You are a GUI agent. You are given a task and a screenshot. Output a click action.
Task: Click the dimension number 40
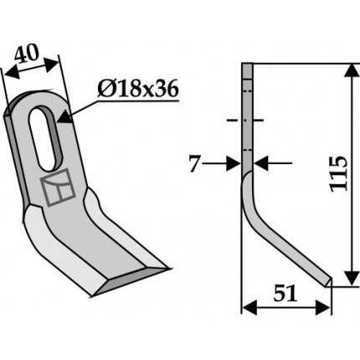26,54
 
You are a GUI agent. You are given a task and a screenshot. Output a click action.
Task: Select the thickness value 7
195,164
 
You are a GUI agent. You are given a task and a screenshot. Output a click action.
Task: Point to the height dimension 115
338,173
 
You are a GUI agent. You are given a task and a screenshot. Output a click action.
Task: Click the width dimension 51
285,293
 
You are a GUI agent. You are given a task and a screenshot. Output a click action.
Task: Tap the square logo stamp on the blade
58,188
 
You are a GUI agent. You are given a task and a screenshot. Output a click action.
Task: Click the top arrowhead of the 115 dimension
352,70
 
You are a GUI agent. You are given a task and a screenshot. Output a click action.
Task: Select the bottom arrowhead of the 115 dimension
352,278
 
